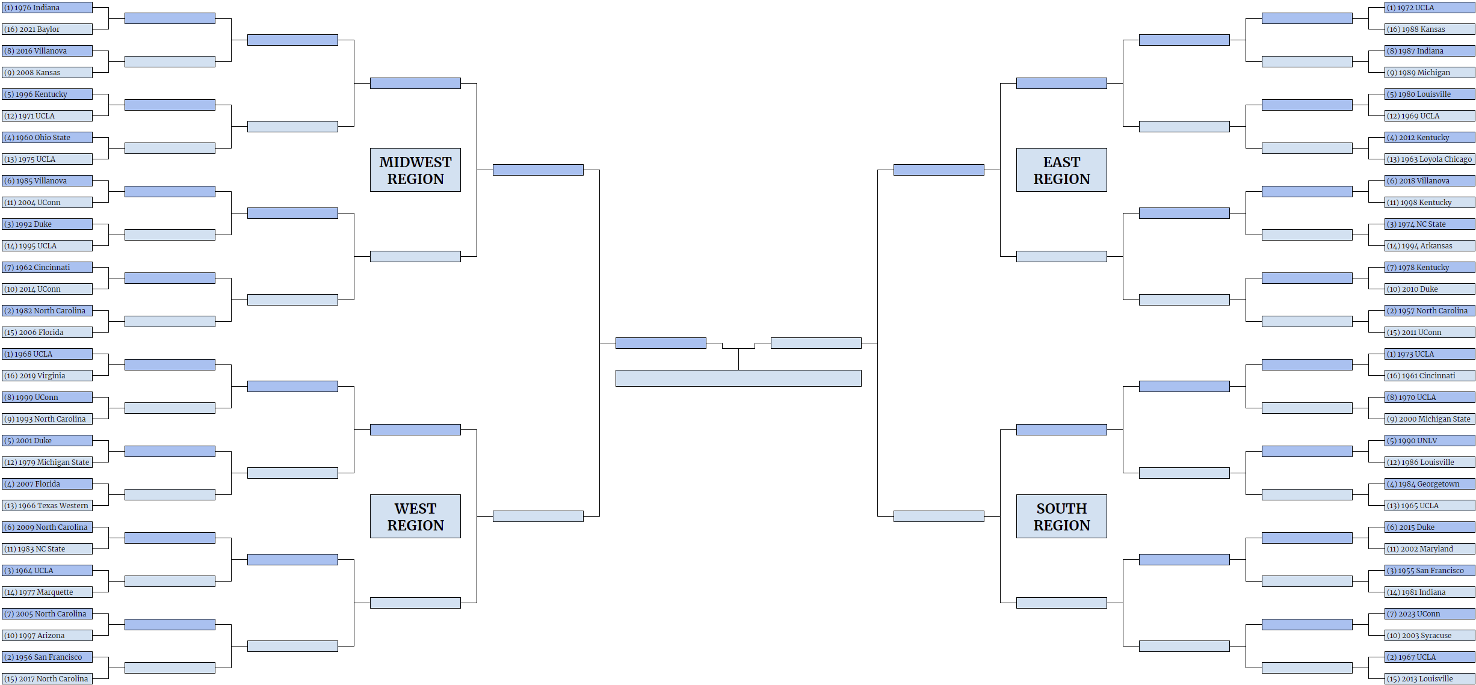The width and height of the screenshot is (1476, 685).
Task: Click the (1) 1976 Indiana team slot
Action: [47, 8]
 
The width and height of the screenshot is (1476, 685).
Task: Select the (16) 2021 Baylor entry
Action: [47, 29]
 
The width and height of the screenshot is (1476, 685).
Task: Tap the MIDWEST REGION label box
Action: [415, 170]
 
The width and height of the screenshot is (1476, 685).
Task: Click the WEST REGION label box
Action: [415, 517]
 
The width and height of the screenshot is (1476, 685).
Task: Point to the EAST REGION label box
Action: [1061, 170]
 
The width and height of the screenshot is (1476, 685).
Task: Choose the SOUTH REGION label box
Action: [1061, 517]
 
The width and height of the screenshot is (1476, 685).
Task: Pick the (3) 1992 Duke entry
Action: [47, 224]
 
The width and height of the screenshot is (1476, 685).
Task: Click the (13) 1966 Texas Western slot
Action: [47, 506]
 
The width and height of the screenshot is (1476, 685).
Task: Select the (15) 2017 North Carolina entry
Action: [47, 679]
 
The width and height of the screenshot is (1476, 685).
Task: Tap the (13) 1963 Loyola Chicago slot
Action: [1430, 159]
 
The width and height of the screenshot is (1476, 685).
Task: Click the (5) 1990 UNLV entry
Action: [1430, 441]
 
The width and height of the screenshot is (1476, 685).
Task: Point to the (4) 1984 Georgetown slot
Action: [1430, 484]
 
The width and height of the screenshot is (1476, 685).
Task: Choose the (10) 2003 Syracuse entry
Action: [1430, 636]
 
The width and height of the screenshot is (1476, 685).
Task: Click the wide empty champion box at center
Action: [738, 378]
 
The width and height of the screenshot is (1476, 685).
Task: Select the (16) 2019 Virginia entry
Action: [47, 376]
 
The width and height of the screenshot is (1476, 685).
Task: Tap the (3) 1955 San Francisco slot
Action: [1430, 571]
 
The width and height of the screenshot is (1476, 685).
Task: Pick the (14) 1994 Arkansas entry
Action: [1430, 246]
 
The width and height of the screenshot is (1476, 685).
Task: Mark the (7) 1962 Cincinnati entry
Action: [47, 268]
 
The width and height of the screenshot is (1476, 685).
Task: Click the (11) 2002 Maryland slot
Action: [1430, 549]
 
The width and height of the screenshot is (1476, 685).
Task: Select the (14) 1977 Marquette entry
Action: [47, 592]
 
